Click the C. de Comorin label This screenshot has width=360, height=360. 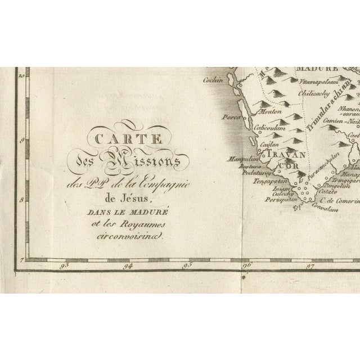(x=336, y=200)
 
